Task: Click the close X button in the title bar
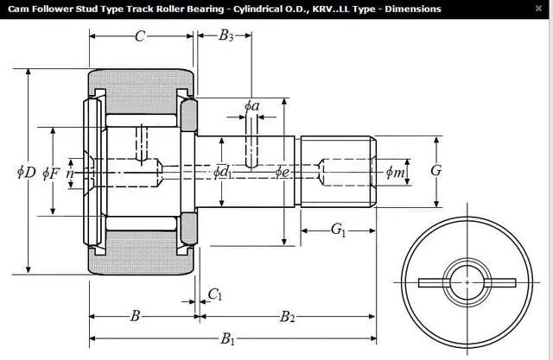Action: [538, 9]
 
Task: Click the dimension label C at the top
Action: [140, 36]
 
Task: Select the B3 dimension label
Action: [226, 36]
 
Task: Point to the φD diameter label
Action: [26, 172]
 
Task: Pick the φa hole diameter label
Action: [251, 106]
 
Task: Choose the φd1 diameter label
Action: [223, 172]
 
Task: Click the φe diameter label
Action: [282, 172]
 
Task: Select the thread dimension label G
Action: [436, 171]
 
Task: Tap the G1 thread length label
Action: [339, 230]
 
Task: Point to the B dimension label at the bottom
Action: [136, 316]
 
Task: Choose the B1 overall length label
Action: [228, 339]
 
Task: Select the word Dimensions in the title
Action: [412, 9]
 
